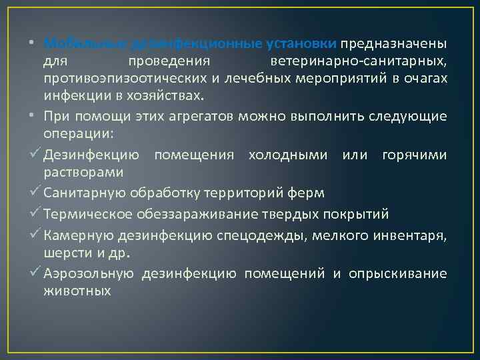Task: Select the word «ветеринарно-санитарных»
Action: [x=359, y=62]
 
